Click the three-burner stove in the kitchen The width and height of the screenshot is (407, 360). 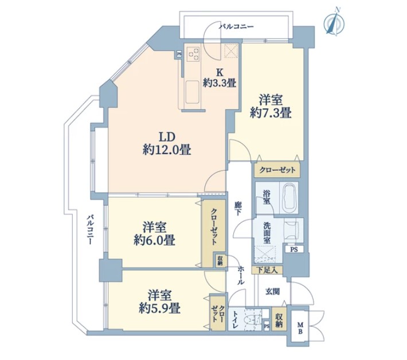pyautogui.click(x=193, y=54)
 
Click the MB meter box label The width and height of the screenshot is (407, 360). pyautogui.click(x=300, y=328)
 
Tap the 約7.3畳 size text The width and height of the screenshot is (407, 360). pyautogui.click(x=271, y=114)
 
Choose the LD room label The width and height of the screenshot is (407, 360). pyautogui.click(x=167, y=136)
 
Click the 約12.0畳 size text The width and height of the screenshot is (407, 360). pyautogui.click(x=167, y=150)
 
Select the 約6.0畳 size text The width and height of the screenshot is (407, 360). pyautogui.click(x=154, y=240)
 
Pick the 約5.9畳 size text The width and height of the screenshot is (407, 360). pyautogui.click(x=159, y=308)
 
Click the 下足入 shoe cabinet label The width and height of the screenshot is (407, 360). pyautogui.click(x=267, y=270)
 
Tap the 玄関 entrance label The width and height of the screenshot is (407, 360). pyautogui.click(x=272, y=292)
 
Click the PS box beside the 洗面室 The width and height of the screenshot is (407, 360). pyautogui.click(x=293, y=249)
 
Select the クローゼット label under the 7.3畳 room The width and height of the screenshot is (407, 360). pyautogui.click(x=277, y=170)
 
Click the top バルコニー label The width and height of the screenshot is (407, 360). pyautogui.click(x=236, y=26)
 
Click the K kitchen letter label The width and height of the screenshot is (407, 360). pyautogui.click(x=220, y=72)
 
